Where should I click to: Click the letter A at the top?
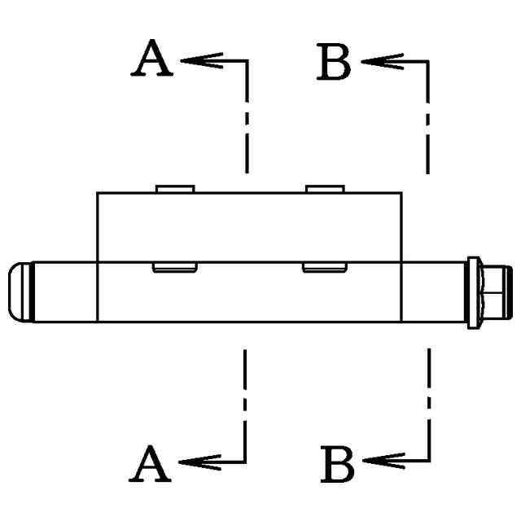(x=153, y=60)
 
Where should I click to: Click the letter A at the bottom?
(x=151, y=464)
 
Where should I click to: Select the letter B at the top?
(x=335, y=63)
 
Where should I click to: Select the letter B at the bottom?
(x=337, y=464)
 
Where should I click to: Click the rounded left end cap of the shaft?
(x=21, y=291)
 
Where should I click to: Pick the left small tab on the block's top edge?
(x=175, y=189)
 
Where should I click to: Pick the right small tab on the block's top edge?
(x=325, y=189)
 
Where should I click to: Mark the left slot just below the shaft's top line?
(x=175, y=267)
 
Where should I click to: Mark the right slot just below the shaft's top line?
(x=326, y=267)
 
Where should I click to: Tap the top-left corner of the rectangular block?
(x=98, y=193)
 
